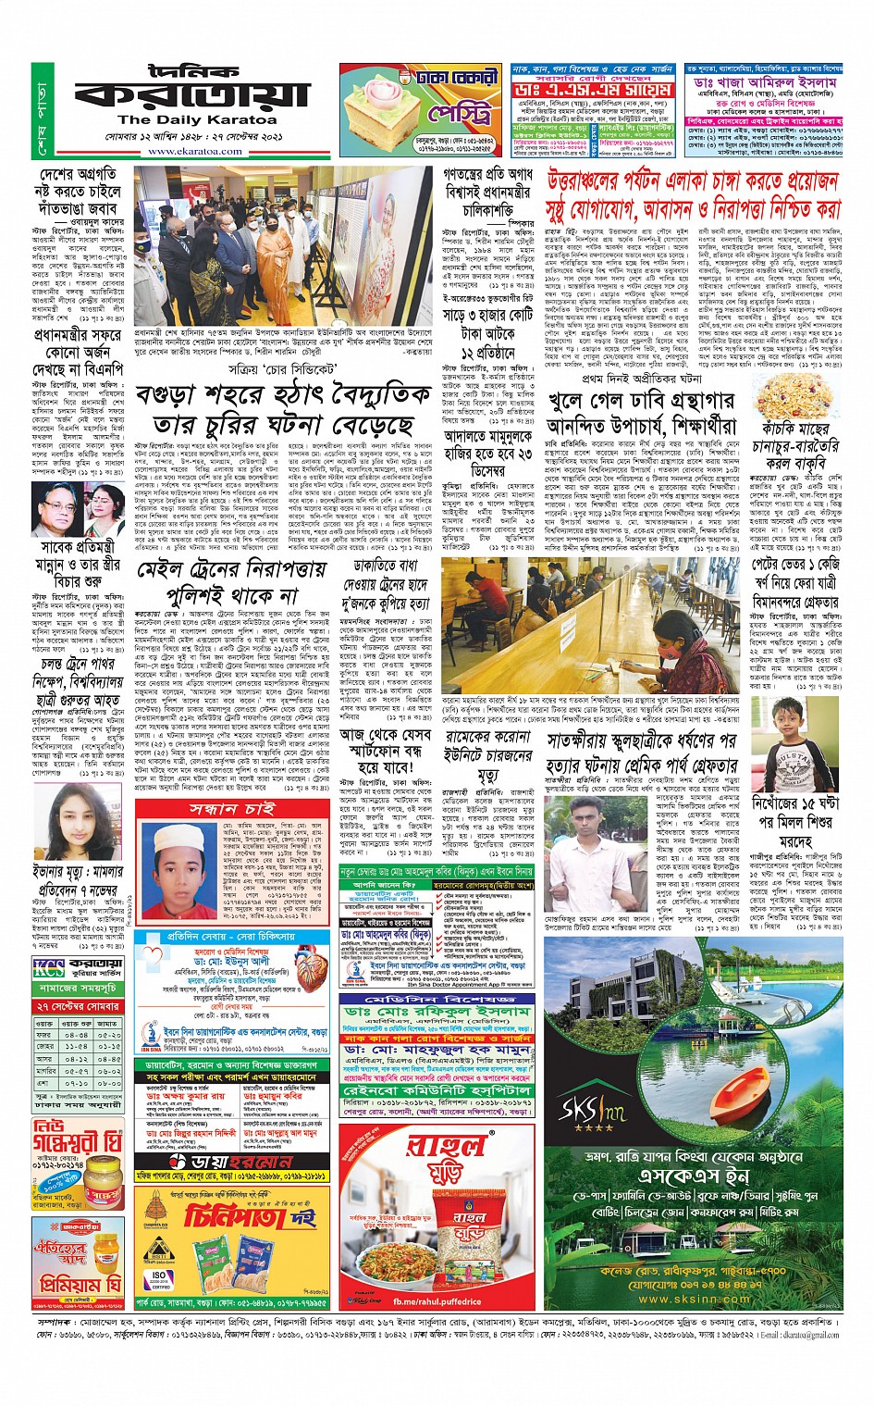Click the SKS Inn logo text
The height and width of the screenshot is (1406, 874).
591,1108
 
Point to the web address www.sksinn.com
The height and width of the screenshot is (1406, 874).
694,1298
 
